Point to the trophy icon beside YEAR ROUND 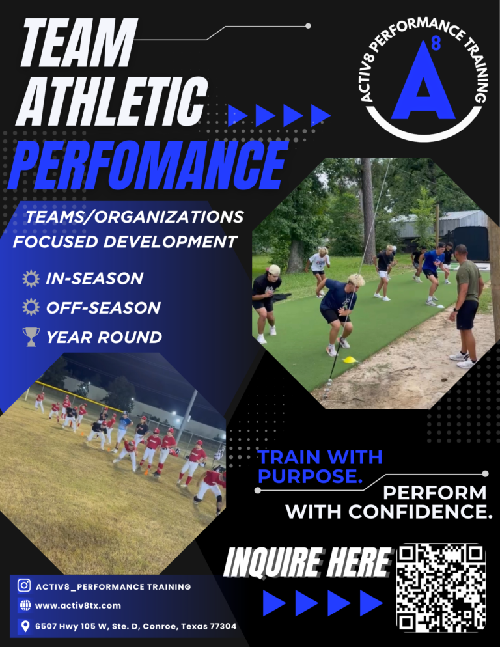point(31,337)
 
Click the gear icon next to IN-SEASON point(31,279)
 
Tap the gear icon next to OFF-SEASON point(31,307)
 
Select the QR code point(441,588)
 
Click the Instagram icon point(25,586)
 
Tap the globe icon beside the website point(25,605)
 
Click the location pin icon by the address point(25,626)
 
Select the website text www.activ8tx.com point(78,605)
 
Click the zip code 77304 point(223,626)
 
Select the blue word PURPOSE point(310,476)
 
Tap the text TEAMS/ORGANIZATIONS point(134,217)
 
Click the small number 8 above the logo point(436,46)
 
